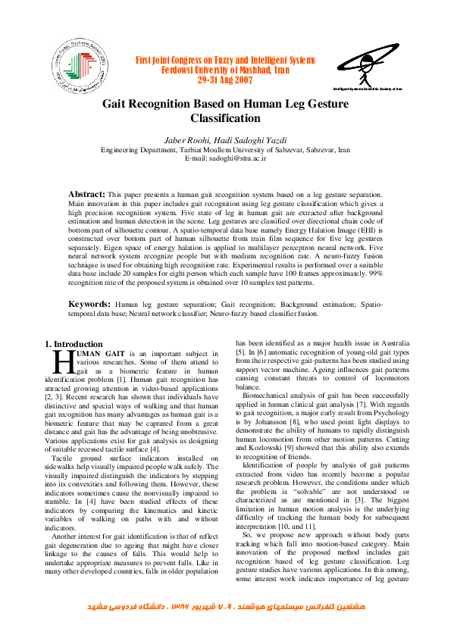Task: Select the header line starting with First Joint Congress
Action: pos(225,60)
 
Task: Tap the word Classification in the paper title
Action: pos(225,118)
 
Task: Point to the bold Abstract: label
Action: pos(88,195)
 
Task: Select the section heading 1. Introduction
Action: pos(74,344)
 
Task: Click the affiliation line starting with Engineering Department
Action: pos(225,150)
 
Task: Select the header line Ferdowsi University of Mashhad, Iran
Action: pos(225,69)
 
